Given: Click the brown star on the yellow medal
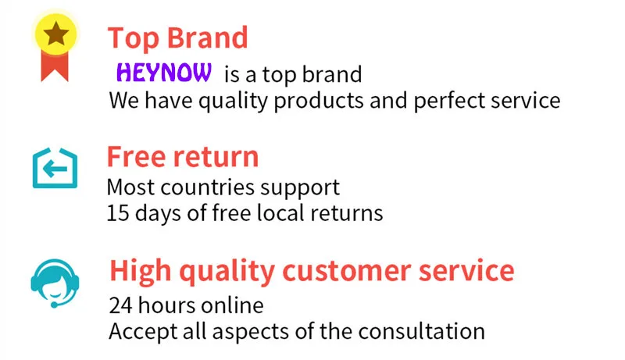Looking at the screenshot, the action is click(x=55, y=34).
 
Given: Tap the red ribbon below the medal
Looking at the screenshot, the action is click(x=55, y=67).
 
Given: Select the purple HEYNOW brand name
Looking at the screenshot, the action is click(x=164, y=73).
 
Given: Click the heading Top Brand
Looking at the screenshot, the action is click(x=178, y=38).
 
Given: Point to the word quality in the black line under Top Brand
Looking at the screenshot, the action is click(x=233, y=101).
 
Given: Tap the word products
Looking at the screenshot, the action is click(x=319, y=100).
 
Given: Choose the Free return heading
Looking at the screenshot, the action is click(x=183, y=156).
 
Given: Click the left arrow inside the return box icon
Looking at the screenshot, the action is click(x=55, y=169).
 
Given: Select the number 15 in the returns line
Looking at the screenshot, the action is click(x=118, y=213).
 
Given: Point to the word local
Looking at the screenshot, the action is click(x=280, y=212).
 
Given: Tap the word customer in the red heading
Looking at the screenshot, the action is click(x=346, y=271).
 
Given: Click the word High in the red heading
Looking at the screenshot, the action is click(x=141, y=271).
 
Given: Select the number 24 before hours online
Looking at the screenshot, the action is click(x=121, y=305).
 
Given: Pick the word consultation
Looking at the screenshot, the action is click(x=421, y=331).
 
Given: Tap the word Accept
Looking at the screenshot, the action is click(x=143, y=332).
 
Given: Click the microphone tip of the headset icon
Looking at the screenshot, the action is click(x=54, y=305).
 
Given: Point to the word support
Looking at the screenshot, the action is click(x=300, y=188).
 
